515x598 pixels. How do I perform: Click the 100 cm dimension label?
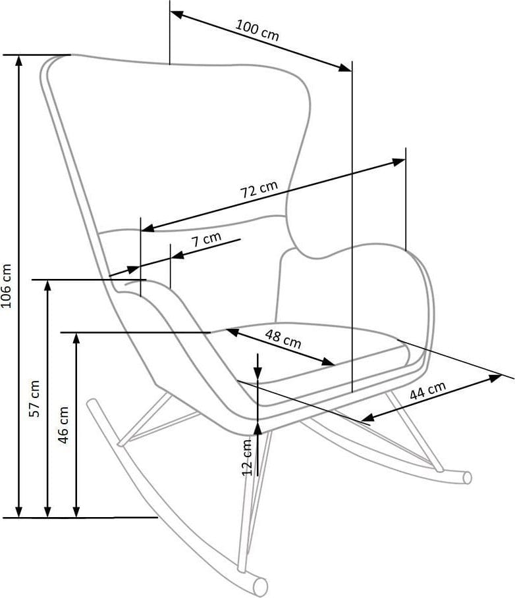point(257,30)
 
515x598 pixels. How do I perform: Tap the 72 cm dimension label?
point(259,190)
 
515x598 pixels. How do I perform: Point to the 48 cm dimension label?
point(283,339)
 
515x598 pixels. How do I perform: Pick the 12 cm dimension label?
point(248,457)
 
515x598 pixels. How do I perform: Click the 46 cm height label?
point(64,424)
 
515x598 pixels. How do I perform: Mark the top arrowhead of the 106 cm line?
point(19,61)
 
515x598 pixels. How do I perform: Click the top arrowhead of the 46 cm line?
point(76,339)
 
